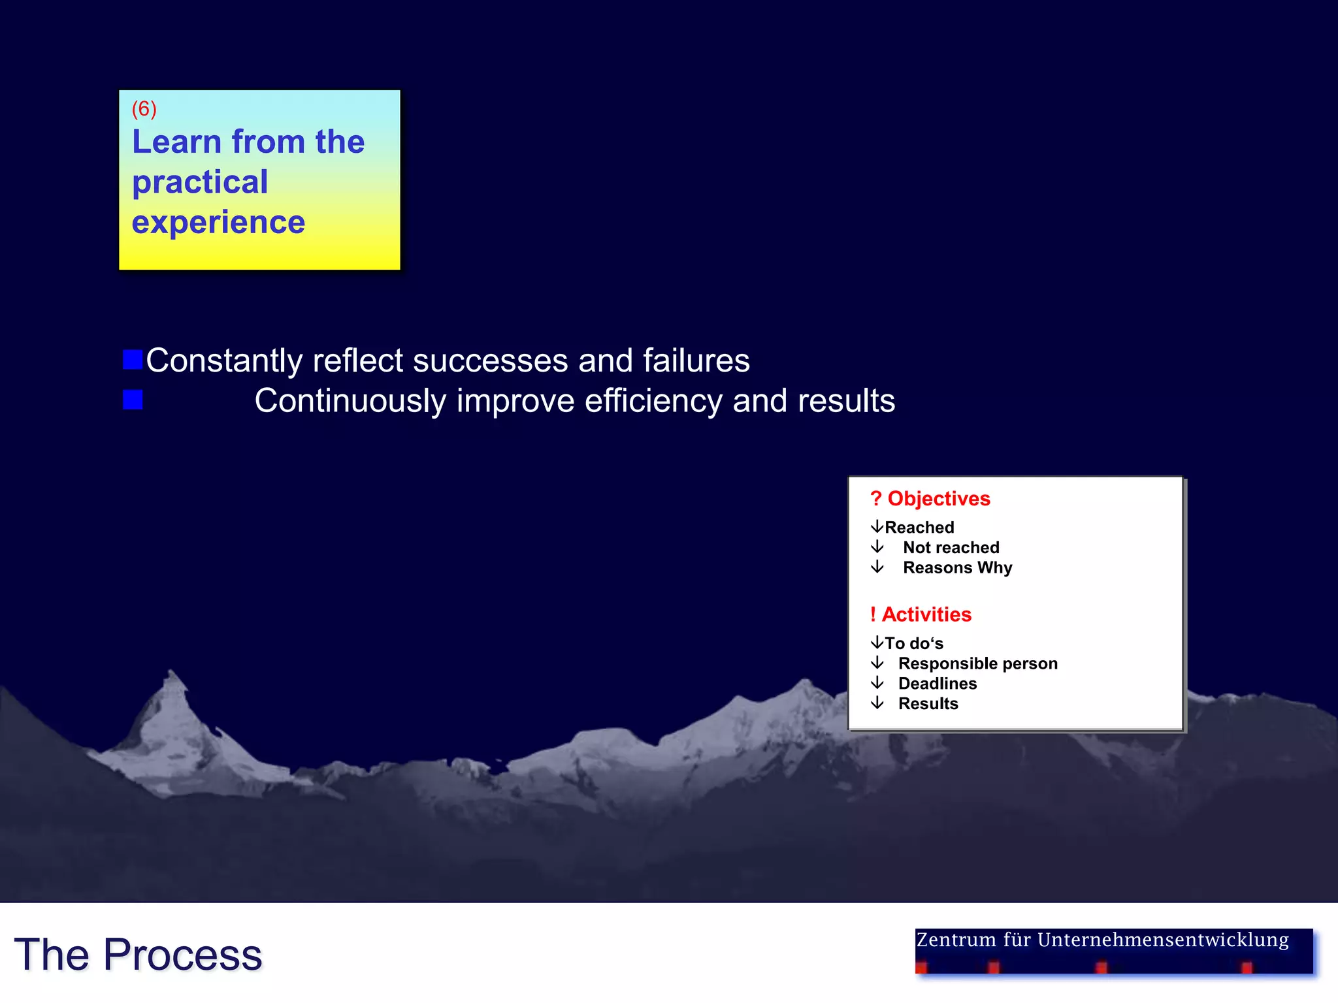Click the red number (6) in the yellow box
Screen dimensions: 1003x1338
(x=144, y=108)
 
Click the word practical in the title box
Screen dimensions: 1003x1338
(x=200, y=182)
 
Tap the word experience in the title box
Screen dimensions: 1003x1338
(x=218, y=223)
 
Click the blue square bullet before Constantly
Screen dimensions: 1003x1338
(x=133, y=359)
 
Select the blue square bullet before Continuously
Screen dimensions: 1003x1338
(x=133, y=400)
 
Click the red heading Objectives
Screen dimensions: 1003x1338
(x=938, y=499)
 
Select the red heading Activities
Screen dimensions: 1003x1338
(x=926, y=614)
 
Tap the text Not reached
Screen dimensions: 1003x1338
(x=951, y=547)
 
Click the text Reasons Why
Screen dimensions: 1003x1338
(x=957, y=567)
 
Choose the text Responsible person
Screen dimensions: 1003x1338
(x=977, y=663)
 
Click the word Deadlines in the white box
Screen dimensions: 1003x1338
(x=937, y=684)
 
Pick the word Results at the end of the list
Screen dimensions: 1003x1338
(x=928, y=704)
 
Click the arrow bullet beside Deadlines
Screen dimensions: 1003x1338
(x=877, y=683)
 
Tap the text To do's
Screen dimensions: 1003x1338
(x=913, y=643)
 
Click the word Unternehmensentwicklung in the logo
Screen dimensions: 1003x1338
(x=1163, y=940)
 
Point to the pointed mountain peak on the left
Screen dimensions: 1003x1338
(x=172, y=674)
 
